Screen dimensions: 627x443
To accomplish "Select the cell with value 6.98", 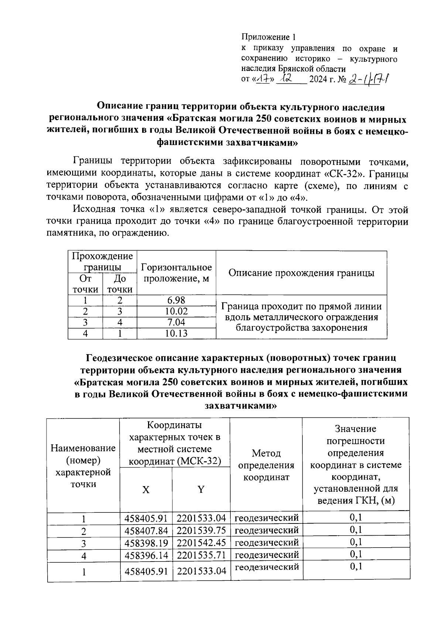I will tap(176, 300).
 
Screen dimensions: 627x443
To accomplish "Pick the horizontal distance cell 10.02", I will tap(176, 311).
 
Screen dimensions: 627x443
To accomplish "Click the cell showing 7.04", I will tap(176, 322).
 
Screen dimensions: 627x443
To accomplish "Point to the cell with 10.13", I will tap(176, 333).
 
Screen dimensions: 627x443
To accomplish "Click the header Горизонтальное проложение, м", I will tap(176, 273).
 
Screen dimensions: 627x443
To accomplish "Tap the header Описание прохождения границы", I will tap(301, 273).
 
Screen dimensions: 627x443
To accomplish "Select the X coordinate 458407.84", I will tap(146, 531).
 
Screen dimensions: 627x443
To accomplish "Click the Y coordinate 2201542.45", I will tap(201, 543).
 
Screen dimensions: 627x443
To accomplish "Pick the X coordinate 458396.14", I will tap(146, 555).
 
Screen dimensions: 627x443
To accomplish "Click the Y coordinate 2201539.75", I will tap(201, 531).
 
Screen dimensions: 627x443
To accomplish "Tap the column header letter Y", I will tap(201, 489).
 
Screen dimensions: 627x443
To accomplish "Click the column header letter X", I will tap(146, 489).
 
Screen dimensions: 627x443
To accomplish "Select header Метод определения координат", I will tap(266, 465).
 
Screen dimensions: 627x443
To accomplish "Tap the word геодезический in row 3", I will tap(267, 542).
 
